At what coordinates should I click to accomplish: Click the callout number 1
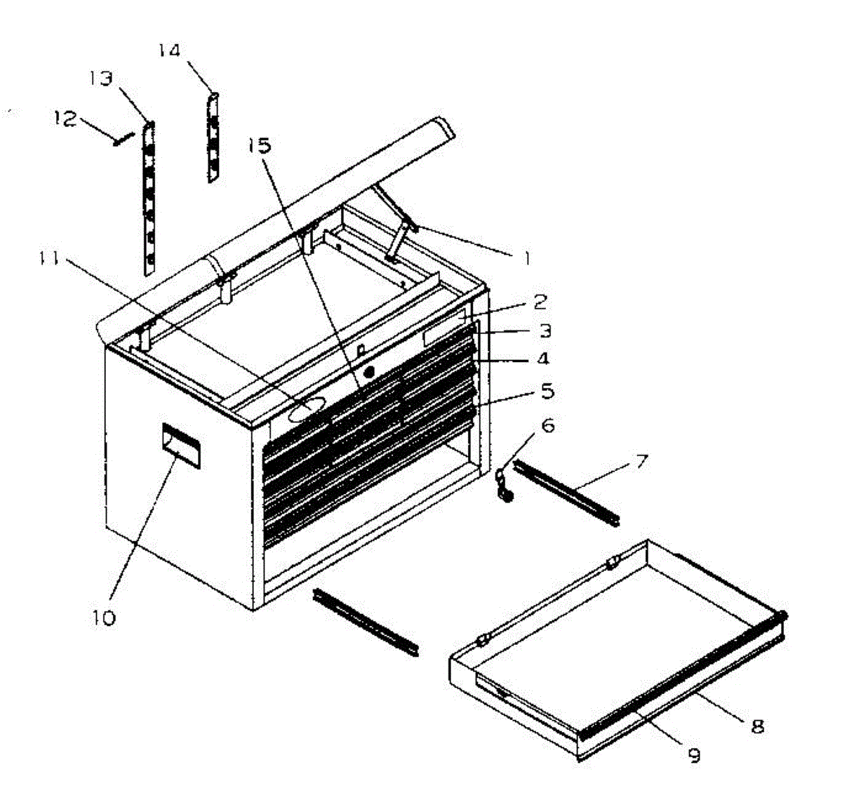coord(524,258)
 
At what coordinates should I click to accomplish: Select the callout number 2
coord(540,302)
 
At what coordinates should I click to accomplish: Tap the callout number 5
coord(547,390)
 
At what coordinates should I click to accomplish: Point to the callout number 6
coord(548,425)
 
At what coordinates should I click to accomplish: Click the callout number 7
coord(641,462)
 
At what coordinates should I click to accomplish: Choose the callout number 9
coord(693,755)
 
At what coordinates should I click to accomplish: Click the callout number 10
coord(103,618)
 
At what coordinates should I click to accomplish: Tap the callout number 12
coord(65,119)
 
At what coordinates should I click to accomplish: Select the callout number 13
coord(101,78)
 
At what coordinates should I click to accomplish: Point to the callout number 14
coord(169,51)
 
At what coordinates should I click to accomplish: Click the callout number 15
coord(259,145)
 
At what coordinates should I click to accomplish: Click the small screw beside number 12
coord(122,139)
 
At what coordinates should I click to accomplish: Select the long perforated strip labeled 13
coord(148,198)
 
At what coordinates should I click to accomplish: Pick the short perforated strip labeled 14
coord(213,138)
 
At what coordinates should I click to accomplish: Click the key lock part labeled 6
coord(504,484)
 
